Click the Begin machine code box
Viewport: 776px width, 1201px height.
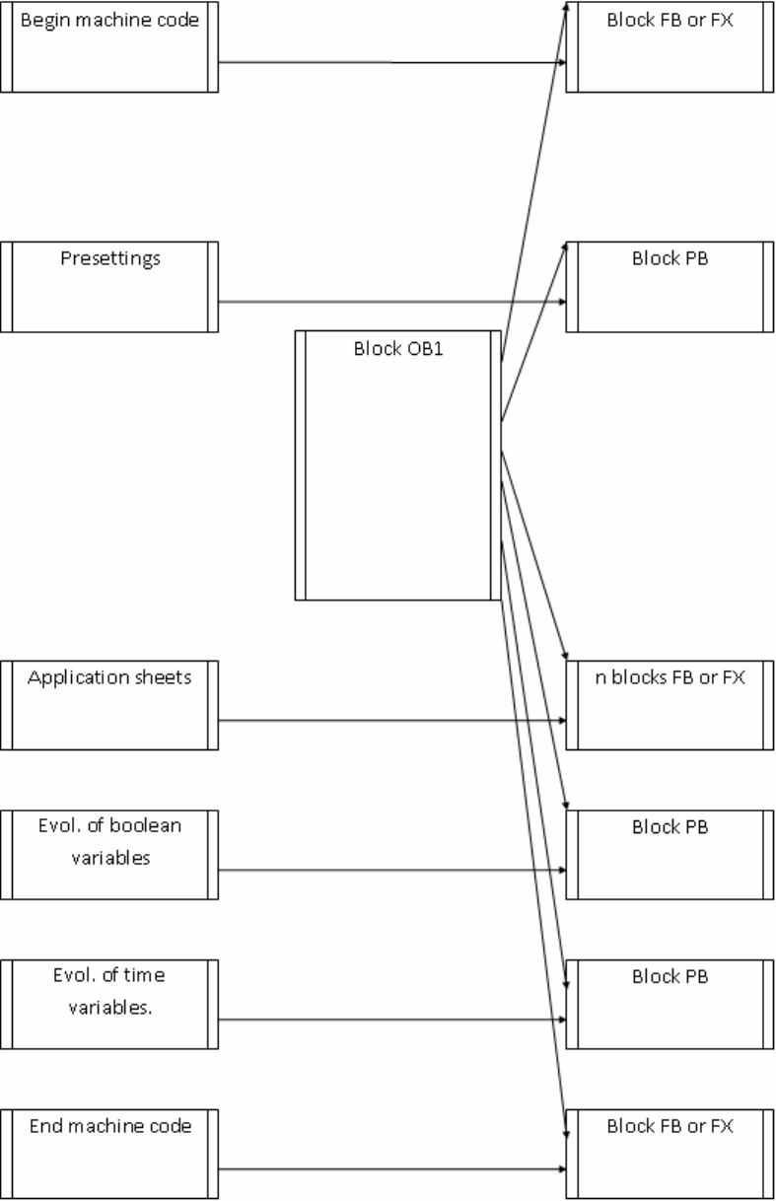point(108,47)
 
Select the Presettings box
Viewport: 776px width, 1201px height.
point(108,287)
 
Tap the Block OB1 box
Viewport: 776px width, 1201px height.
point(397,465)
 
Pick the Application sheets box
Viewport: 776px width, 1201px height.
point(108,706)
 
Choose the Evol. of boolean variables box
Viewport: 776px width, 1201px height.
point(108,855)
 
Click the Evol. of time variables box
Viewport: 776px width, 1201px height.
point(108,1005)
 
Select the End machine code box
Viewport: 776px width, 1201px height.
point(108,1155)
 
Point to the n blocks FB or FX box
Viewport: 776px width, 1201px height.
point(670,706)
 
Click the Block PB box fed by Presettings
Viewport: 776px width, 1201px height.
point(670,287)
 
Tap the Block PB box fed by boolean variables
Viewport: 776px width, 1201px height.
point(670,855)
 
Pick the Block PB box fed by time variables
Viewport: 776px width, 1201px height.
point(670,1005)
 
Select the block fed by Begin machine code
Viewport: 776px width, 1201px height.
point(670,47)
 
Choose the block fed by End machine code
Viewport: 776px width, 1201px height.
point(670,1155)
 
